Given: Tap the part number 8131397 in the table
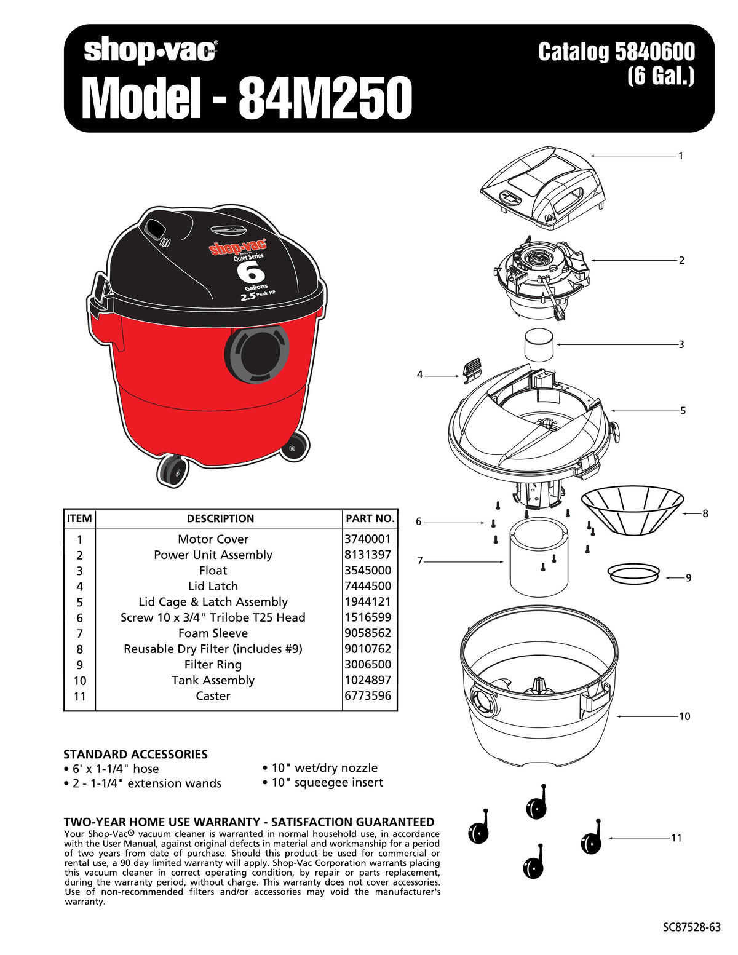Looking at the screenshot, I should click(368, 555).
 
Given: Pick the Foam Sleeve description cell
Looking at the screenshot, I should click(213, 633).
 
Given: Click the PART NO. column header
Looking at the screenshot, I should click(370, 518).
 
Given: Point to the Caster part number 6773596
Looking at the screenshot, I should click(368, 695).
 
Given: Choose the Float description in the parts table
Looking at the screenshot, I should click(213, 571).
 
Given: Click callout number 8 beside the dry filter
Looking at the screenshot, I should click(705, 513).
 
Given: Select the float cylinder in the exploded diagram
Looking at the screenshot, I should click(539, 345).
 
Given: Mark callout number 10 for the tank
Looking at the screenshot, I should click(684, 716).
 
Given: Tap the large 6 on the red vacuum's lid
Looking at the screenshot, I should click(254, 272).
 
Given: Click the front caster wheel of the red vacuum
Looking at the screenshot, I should click(172, 471).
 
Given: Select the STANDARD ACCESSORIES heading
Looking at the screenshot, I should click(135, 754).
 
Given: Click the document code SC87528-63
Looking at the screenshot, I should click(692, 927).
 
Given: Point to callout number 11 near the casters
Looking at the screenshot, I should click(676, 838).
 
